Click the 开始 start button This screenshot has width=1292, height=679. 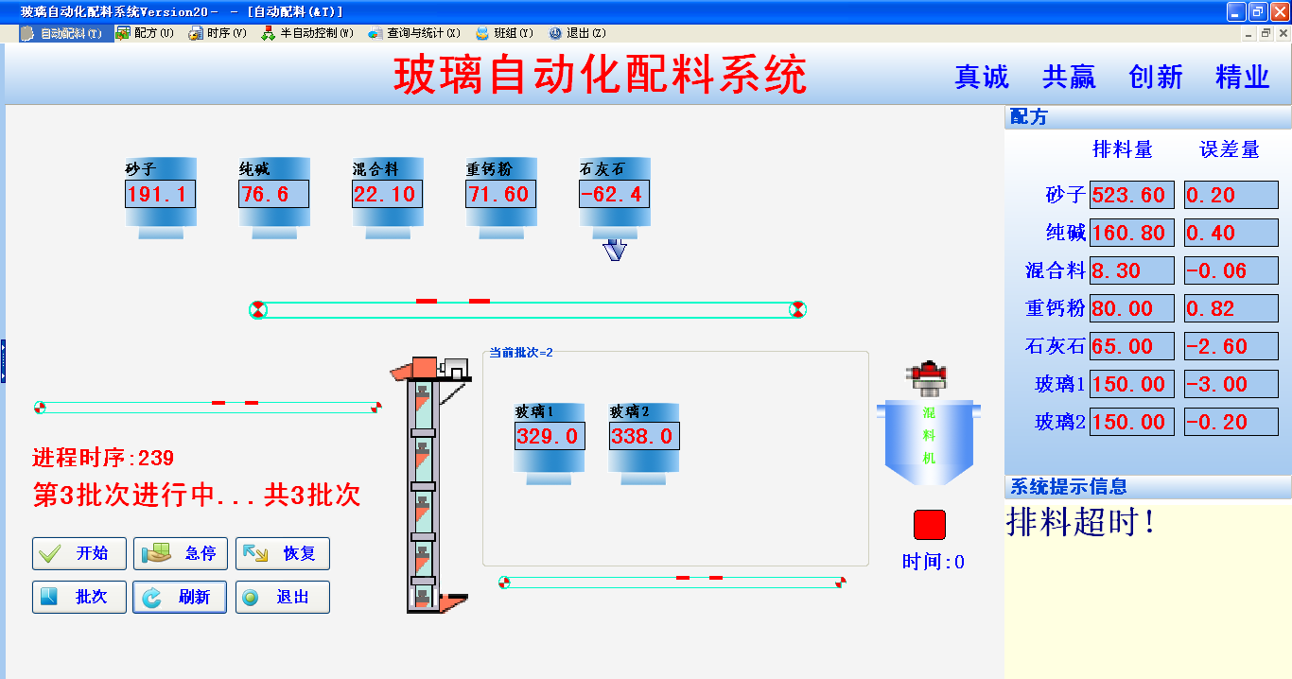[79, 553]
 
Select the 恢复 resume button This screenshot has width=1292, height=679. [283, 553]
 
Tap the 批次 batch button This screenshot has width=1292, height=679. [79, 598]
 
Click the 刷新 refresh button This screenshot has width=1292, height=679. [180, 598]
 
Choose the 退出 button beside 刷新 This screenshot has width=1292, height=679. [283, 598]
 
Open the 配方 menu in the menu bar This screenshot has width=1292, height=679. [146, 33]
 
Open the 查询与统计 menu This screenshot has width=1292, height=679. [415, 33]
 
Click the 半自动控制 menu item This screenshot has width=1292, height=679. [308, 33]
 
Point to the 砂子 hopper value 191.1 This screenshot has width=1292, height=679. [160, 195]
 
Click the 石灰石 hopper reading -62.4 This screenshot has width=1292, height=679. [614, 195]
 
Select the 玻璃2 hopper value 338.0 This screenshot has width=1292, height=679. [643, 436]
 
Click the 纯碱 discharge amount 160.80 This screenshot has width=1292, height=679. [1131, 233]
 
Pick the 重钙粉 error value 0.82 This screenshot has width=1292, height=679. [1231, 308]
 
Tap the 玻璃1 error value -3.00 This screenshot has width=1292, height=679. [1231, 384]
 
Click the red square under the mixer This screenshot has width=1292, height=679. [929, 525]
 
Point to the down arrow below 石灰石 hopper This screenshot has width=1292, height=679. [615, 251]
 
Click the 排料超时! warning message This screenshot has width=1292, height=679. [1081, 522]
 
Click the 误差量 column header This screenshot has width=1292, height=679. [1230, 149]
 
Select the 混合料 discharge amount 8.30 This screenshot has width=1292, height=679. [1131, 270]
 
